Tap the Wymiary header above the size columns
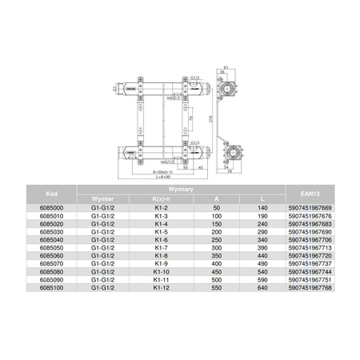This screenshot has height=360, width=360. click(x=180, y=186)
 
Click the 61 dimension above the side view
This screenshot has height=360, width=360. click(x=228, y=67)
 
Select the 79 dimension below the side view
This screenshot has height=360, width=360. click(x=230, y=171)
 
